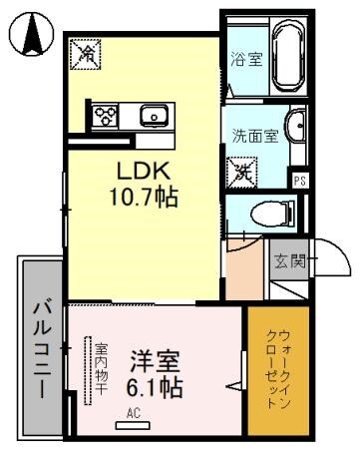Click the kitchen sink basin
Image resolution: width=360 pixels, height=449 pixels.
(153, 117)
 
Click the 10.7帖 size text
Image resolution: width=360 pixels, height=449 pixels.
(143, 197)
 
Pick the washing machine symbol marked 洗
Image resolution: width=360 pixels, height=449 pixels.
(242, 172)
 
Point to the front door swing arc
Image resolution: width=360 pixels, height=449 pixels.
(335, 261)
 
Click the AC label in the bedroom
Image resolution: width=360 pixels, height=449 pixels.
(133, 411)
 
